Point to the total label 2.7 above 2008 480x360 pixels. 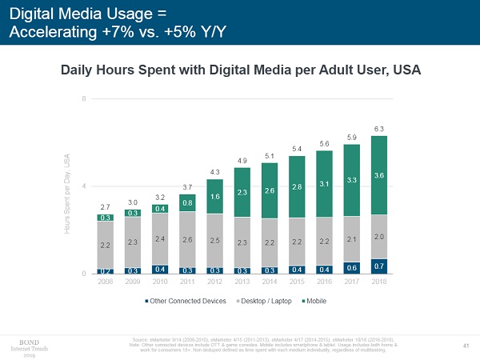click(106, 207)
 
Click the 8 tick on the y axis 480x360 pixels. click(84, 98)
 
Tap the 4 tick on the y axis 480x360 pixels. click(84, 186)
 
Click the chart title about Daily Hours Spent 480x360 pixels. click(241, 70)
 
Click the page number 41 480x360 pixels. click(466, 345)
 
